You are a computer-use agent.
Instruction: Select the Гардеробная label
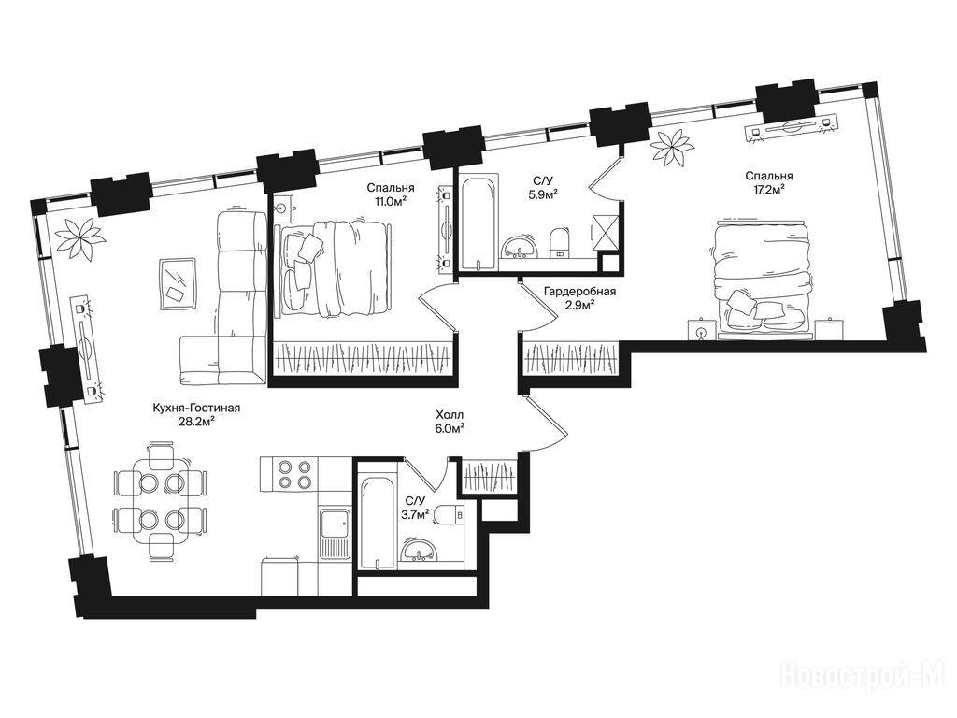click(x=579, y=292)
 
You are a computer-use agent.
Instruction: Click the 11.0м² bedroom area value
click(x=391, y=200)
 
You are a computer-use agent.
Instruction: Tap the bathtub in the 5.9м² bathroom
click(x=478, y=223)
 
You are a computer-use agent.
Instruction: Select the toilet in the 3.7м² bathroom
click(x=452, y=514)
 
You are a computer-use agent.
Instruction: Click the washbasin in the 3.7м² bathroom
click(x=419, y=550)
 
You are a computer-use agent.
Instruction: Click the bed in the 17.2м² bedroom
click(x=764, y=279)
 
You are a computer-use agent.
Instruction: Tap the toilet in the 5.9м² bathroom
click(x=559, y=242)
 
